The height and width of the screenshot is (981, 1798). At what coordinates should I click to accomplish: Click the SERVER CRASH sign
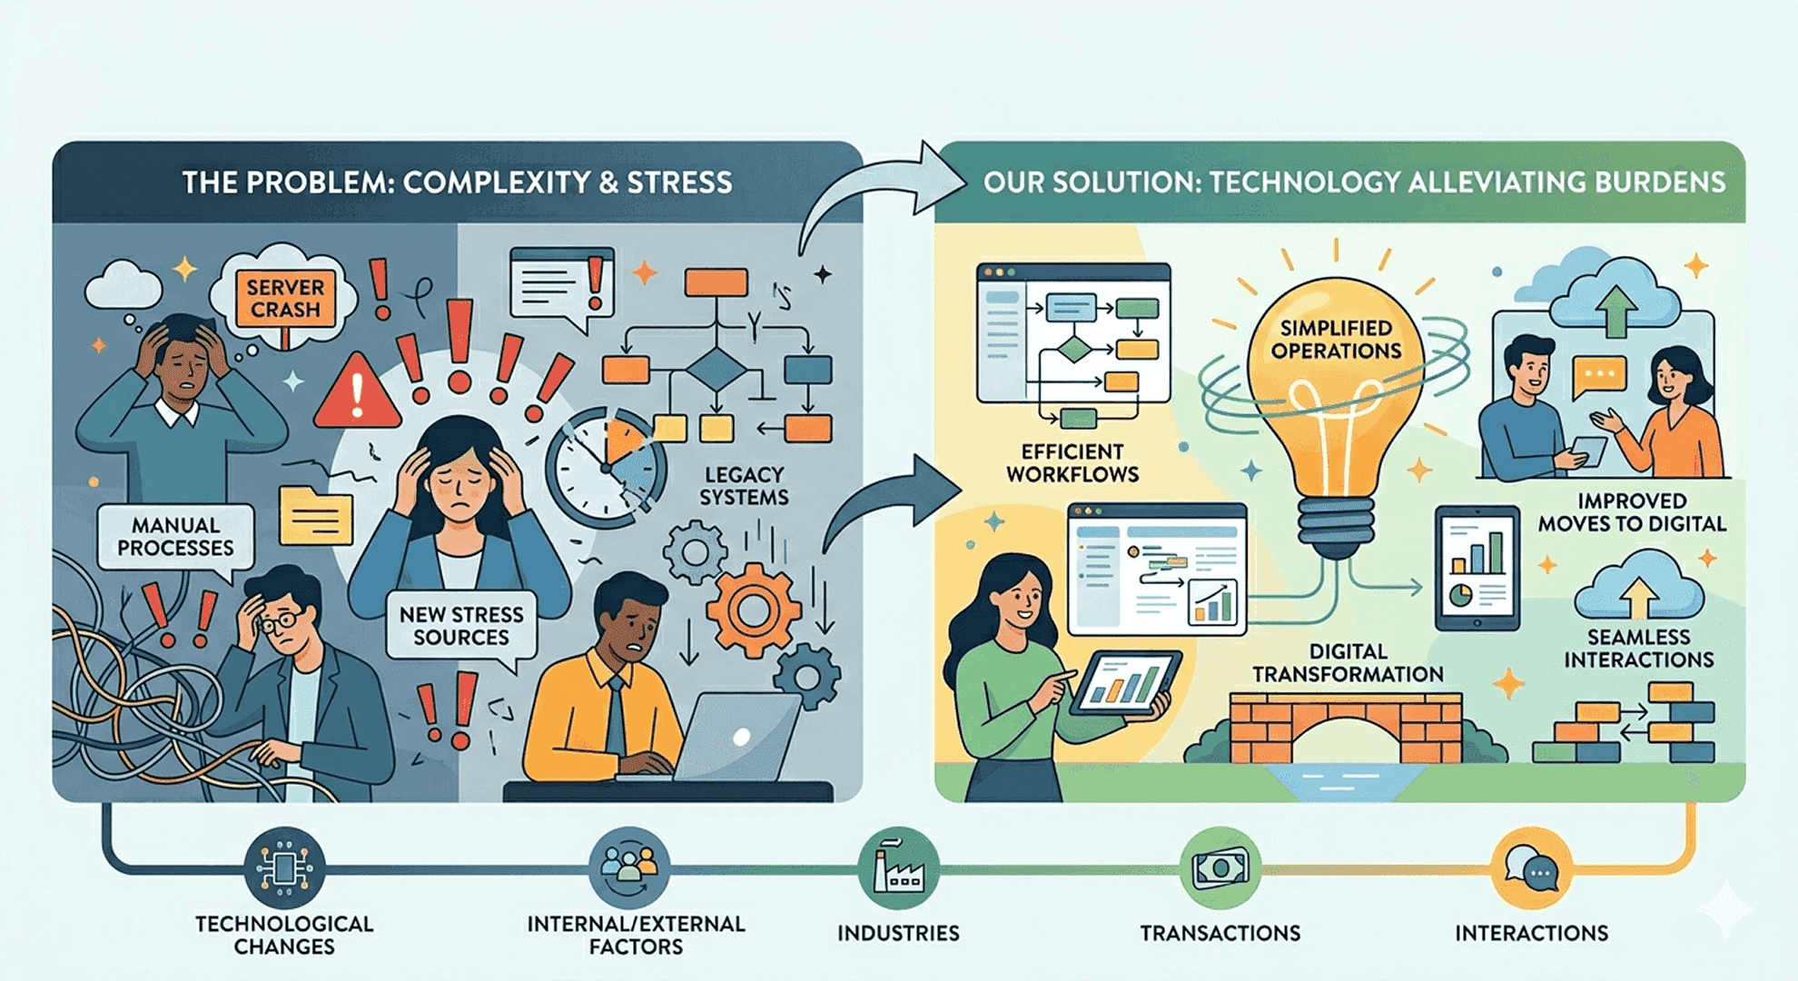[285, 298]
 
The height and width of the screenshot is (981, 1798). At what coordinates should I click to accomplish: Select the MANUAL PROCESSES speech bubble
[175, 538]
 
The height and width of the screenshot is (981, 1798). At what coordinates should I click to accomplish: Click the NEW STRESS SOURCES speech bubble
[461, 627]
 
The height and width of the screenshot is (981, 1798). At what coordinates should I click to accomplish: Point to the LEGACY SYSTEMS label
[744, 486]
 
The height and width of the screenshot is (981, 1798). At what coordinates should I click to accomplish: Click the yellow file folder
[315, 515]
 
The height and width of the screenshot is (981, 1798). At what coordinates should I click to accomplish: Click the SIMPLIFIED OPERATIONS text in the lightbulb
[1336, 340]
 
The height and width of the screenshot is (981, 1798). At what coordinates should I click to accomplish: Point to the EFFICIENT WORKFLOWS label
[1072, 463]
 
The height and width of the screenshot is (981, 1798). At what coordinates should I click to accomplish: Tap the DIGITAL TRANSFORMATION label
[1348, 663]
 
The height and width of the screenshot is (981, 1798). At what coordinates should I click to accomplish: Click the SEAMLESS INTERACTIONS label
[1638, 649]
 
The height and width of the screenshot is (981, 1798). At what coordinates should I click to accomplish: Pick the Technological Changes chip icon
[284, 867]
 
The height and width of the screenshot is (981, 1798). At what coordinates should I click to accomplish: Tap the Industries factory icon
[898, 867]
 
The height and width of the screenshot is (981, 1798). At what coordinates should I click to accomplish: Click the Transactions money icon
[1220, 867]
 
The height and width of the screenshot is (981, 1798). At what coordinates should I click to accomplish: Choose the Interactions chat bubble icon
[1531, 867]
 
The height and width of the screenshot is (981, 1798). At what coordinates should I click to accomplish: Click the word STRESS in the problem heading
[679, 183]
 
